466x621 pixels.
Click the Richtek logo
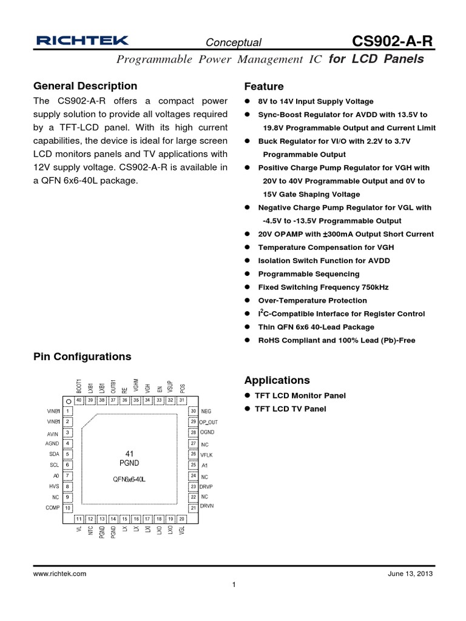tap(82, 41)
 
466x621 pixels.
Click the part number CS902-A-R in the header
tap(393, 41)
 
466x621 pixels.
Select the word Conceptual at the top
tap(234, 42)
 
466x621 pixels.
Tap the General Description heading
tap(85, 86)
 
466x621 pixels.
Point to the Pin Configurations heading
tap(82, 357)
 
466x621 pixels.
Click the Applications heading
tap(277, 380)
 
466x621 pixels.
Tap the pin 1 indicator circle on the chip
tap(69, 401)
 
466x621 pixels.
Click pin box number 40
tap(79, 400)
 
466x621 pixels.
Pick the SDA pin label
tap(54, 454)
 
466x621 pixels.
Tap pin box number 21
tap(192, 508)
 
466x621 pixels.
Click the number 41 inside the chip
tap(129, 453)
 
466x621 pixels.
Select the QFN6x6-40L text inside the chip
tap(129, 479)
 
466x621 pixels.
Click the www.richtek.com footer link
tap(59, 573)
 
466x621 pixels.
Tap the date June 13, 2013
tap(410, 573)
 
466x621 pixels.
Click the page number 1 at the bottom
tap(234, 585)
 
